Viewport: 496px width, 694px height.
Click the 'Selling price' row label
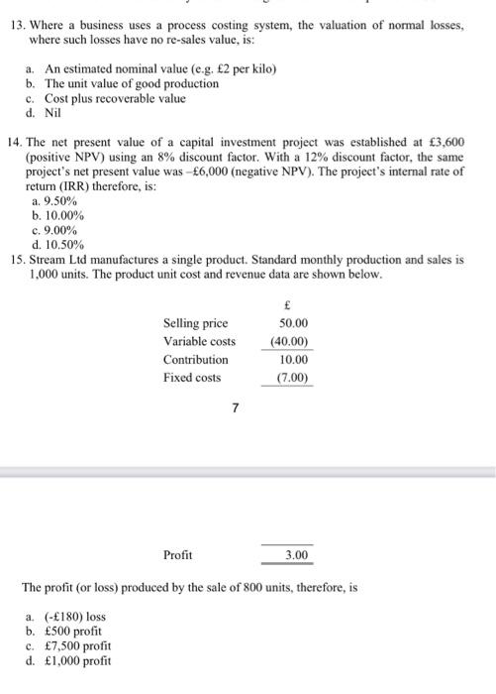(x=195, y=324)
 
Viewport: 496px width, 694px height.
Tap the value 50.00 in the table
(x=293, y=324)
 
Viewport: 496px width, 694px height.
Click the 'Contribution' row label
(x=195, y=359)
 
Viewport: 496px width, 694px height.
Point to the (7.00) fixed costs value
(x=293, y=378)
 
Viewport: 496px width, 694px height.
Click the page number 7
(x=234, y=406)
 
